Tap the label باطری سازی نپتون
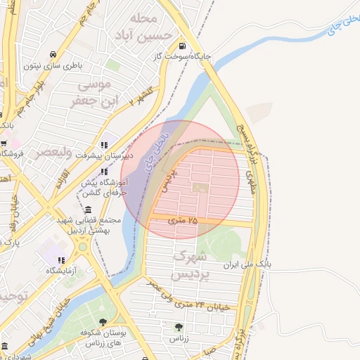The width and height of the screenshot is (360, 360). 53,66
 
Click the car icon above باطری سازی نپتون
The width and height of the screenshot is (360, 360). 53,55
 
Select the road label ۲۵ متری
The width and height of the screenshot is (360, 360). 184,220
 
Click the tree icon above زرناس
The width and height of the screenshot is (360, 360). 179,326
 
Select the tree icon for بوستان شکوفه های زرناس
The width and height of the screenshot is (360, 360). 103,323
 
